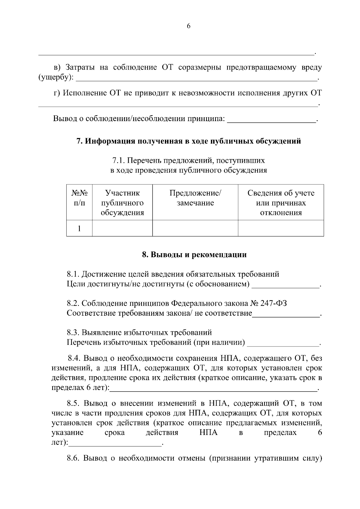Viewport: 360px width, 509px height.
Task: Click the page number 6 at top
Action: click(x=188, y=26)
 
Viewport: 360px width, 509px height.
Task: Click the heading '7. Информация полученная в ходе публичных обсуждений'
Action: click(x=189, y=141)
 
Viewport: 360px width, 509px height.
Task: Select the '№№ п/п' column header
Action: click(x=79, y=198)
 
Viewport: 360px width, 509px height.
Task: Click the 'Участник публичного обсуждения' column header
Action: click(x=122, y=203)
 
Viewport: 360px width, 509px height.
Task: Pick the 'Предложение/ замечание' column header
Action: click(x=195, y=198)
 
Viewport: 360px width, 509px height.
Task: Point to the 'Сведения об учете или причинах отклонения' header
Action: click(x=281, y=203)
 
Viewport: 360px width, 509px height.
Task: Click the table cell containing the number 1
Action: click(x=79, y=228)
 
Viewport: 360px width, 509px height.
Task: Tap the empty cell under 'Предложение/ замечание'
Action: click(x=195, y=228)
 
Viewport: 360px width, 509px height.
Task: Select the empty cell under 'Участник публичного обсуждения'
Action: click(x=122, y=228)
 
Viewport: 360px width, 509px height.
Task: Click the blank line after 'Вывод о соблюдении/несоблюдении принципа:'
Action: click(x=271, y=121)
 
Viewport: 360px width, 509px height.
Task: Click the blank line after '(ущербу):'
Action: click(x=196, y=80)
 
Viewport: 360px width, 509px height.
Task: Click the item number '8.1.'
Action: click(x=73, y=274)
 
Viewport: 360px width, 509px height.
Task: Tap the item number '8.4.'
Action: click(x=74, y=358)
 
